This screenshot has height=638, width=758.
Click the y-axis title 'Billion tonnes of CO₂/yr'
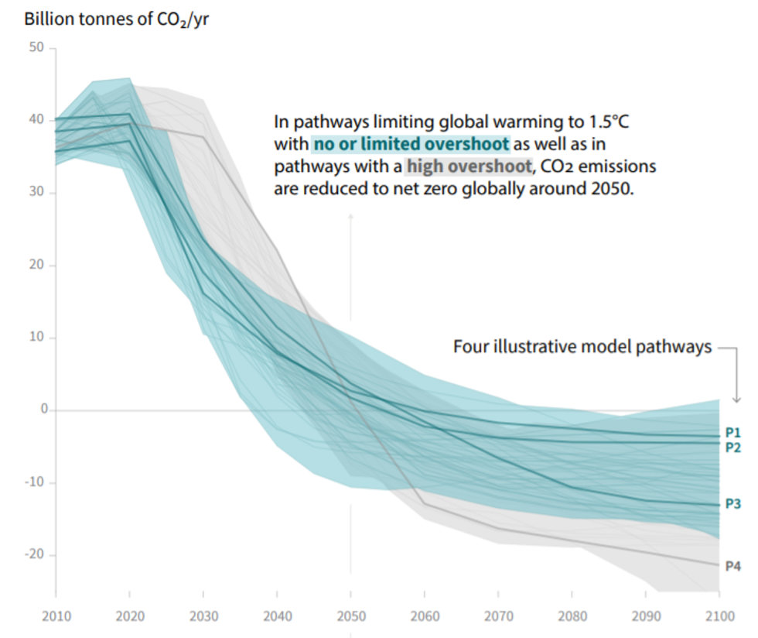[x=116, y=18]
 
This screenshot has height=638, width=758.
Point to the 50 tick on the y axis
[x=37, y=48]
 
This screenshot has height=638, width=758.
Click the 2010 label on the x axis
[x=55, y=616]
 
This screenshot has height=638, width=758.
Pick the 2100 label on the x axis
[x=719, y=616]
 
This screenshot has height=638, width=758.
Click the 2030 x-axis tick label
[x=203, y=616]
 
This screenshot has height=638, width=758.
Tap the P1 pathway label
[x=733, y=432]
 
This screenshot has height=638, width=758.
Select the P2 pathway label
[x=733, y=448]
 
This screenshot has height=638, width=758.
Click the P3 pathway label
[x=733, y=504]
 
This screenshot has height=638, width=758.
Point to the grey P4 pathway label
[x=733, y=566]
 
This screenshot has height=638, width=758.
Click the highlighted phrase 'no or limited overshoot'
[x=411, y=144]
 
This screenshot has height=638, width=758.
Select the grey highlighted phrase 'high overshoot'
[x=469, y=166]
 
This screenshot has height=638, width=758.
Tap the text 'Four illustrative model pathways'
[x=582, y=347]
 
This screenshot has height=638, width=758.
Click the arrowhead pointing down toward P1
[x=736, y=398]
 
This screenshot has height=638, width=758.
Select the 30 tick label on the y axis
[x=37, y=193]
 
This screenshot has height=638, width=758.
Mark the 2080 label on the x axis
[x=571, y=616]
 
